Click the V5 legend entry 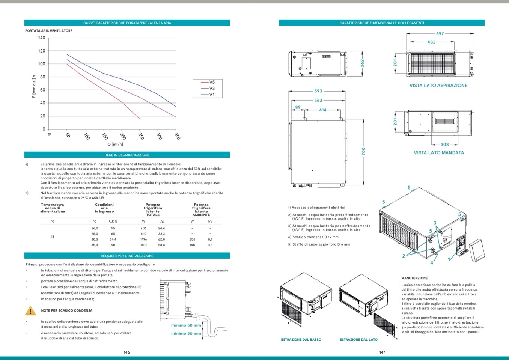212,82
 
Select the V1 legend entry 212,95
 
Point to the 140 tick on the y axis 41,38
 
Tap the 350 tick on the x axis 177,136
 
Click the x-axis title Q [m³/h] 115,144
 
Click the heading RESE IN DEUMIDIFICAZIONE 127,155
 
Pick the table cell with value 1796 143,239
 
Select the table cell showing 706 143,228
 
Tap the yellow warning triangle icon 30,311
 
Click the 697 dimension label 440,34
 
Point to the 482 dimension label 431,42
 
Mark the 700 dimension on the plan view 363,151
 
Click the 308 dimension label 445,145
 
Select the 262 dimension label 362,63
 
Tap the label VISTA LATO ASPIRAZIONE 438,86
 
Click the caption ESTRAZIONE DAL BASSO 301,340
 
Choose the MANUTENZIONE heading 414,278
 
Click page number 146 127,352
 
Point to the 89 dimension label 298,107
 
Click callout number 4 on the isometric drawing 432,263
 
